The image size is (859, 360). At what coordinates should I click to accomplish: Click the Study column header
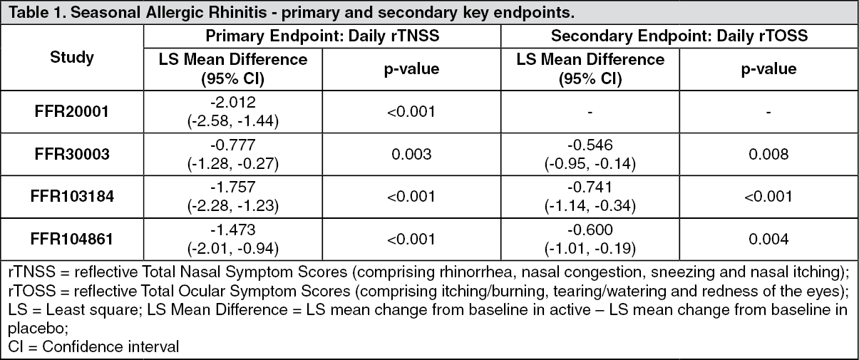72,58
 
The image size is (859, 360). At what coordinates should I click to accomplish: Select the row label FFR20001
72,112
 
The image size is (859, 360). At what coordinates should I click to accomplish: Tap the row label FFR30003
72,154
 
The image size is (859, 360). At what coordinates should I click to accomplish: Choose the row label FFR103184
72,196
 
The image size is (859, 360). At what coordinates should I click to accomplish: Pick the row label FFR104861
72,240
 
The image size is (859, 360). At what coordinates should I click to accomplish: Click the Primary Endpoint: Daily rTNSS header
322,36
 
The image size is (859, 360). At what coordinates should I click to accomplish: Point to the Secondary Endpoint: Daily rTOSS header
679,36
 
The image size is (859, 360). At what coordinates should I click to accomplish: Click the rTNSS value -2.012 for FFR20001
233,103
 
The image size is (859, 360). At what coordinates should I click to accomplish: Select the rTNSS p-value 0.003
411,154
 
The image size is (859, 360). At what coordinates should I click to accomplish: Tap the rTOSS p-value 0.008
768,154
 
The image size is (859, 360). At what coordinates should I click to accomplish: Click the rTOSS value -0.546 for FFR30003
590,145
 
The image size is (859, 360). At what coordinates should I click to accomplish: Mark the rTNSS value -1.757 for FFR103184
233,187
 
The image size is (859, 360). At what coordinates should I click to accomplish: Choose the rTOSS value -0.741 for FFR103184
590,187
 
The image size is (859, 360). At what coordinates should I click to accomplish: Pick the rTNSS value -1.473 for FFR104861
233,230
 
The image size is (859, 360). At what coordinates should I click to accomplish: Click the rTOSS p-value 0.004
768,240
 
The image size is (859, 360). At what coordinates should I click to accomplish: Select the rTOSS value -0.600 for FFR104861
590,230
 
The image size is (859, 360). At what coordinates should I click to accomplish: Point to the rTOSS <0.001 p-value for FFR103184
768,197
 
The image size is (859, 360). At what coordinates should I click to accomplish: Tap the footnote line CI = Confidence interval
93,346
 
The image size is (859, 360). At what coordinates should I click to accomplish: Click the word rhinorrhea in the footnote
475,272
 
